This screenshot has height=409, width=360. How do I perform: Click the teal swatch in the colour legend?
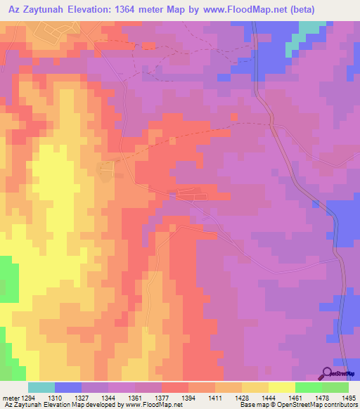click(x=41, y=387)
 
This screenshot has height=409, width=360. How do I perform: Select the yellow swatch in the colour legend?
click(x=281, y=387)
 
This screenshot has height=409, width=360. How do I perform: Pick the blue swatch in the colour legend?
click(x=68, y=387)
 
